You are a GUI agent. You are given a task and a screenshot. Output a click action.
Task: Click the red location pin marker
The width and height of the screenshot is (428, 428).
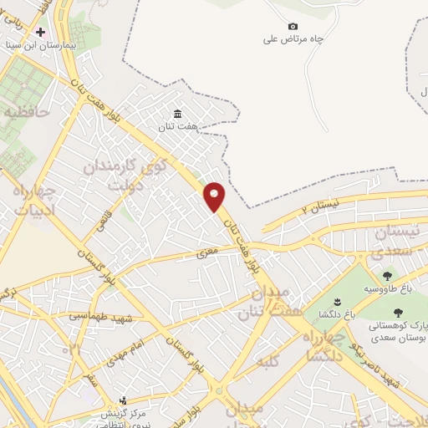pyautogui.click(x=215, y=196)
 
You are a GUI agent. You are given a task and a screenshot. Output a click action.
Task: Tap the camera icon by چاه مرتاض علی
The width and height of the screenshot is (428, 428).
pyautogui.click(x=292, y=26)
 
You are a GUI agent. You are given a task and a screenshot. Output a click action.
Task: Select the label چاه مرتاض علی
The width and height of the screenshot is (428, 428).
pyautogui.click(x=293, y=38)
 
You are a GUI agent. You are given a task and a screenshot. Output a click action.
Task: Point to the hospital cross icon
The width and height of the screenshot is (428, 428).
pyautogui.click(x=39, y=32)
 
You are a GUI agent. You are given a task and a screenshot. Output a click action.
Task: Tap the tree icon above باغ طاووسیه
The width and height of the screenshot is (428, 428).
pyautogui.click(x=386, y=276)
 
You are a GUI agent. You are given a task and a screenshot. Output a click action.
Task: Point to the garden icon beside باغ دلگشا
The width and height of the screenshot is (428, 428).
pyautogui.click(x=336, y=302)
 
